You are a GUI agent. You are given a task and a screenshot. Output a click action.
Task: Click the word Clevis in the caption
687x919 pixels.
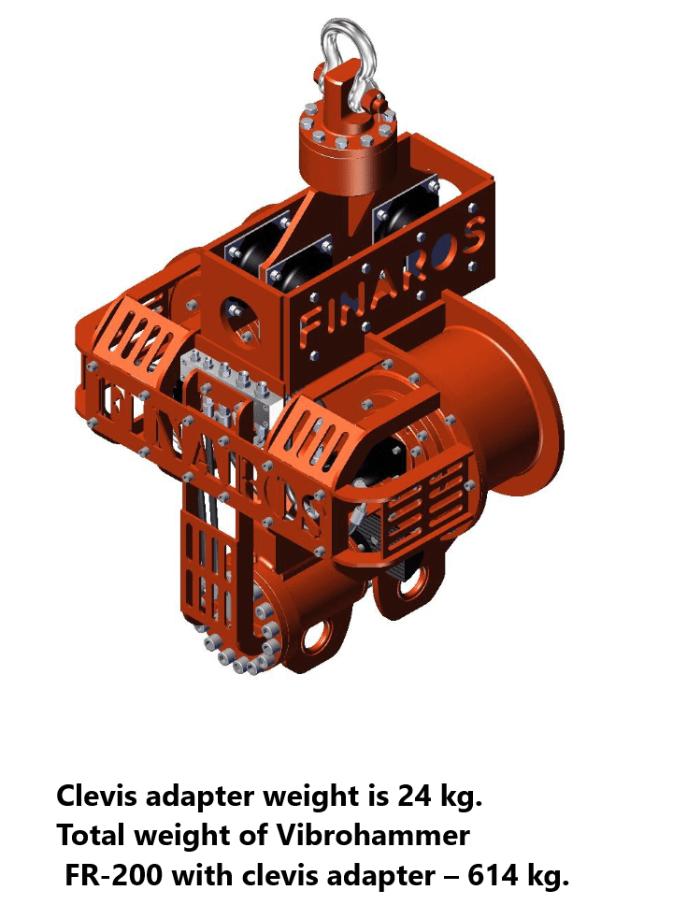click(96, 796)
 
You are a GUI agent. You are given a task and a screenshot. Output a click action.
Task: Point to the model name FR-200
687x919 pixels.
click(112, 876)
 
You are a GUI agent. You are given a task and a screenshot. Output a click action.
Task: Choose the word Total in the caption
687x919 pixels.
click(92, 835)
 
